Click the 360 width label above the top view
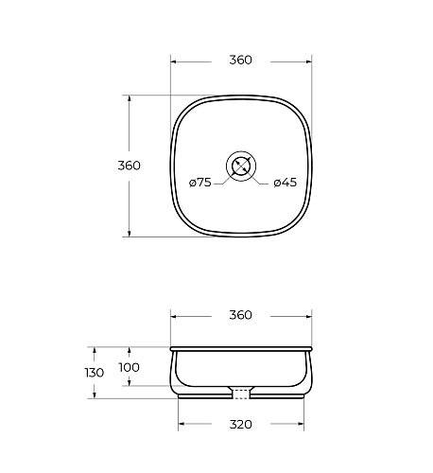[240, 60]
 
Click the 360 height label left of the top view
[129, 166]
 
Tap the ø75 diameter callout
[200, 183]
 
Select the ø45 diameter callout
[286, 183]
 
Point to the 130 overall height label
[95, 373]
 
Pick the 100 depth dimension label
[129, 367]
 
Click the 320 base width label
[241, 425]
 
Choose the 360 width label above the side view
[240, 315]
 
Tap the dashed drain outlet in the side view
[241, 394]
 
